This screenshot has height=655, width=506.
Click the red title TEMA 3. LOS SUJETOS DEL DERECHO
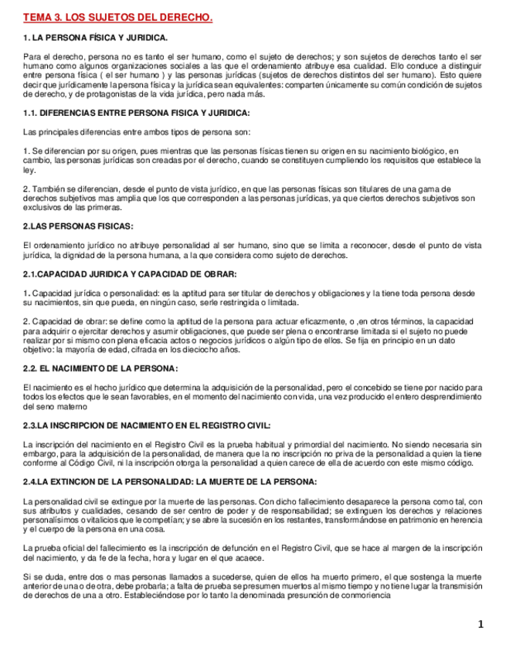point(117,17)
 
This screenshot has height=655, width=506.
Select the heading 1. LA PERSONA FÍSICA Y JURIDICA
point(95,37)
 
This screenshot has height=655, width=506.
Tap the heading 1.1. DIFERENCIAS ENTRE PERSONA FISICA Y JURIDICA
point(136,113)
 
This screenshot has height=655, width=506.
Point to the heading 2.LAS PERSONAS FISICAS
point(78,226)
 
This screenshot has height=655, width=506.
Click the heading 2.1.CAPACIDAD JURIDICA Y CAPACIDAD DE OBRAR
point(130,274)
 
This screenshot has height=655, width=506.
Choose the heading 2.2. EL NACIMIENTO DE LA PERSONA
point(100,368)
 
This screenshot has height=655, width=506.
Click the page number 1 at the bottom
point(480,624)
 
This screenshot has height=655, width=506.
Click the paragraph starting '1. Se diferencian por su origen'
point(251,160)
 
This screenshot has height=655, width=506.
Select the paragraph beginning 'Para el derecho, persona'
point(251,75)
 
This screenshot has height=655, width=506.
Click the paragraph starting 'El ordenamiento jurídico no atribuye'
point(251,249)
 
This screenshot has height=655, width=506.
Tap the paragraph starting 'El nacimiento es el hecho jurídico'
point(251,396)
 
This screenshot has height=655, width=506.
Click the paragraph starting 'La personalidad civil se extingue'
point(251,515)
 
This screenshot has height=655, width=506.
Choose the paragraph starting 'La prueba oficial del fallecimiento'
point(251,552)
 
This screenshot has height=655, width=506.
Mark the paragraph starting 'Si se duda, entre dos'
point(251,589)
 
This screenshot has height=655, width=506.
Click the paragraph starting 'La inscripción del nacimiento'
point(251,453)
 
